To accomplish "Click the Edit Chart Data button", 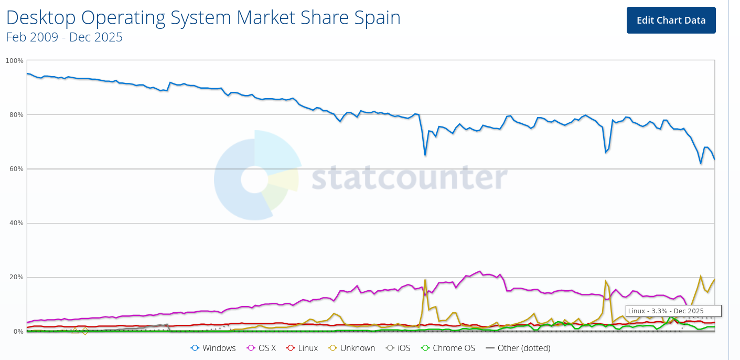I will point(671,20).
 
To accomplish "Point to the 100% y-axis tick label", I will point(14,61).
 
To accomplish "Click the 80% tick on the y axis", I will point(16,115).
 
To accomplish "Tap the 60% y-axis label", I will point(16,169).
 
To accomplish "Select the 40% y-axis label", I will point(16,223).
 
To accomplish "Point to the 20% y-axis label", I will point(16,277).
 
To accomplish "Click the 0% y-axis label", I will point(18,331).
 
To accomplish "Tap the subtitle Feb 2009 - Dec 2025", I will point(64,37).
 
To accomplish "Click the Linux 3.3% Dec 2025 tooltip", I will point(673,311).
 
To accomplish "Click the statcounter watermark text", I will point(409,178).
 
